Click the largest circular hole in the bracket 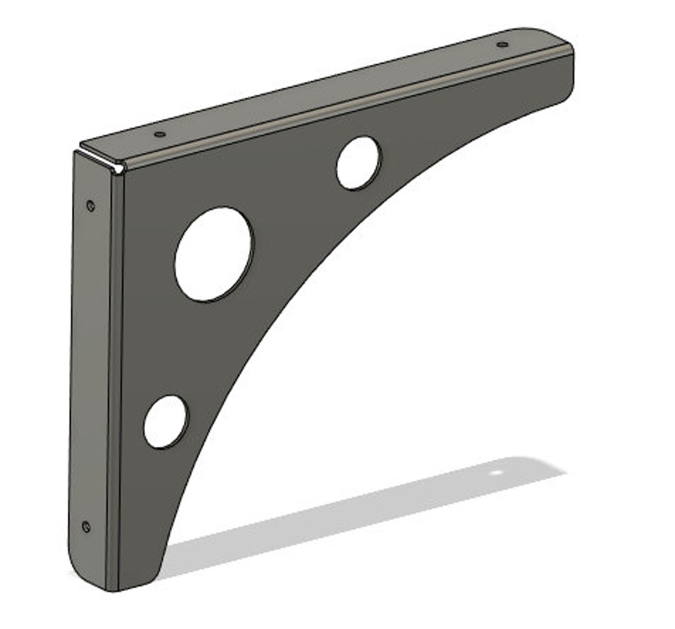214,254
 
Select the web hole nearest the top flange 358,163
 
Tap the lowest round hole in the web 166,421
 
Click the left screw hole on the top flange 159,134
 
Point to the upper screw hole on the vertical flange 91,205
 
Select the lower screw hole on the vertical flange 86,526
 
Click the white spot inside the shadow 496,472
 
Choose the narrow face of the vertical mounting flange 91,363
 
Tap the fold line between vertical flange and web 117,376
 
